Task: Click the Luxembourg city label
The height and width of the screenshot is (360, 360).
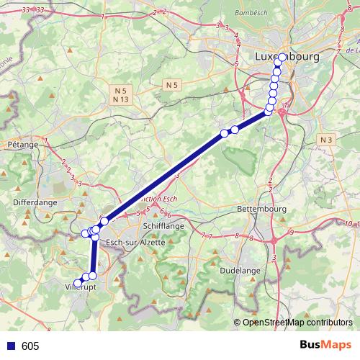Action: pos(287,55)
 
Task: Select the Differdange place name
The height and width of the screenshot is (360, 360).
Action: pos(35,203)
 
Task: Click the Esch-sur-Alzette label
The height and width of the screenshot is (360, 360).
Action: pos(135,243)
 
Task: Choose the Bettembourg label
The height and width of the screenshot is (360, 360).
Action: pos(262,209)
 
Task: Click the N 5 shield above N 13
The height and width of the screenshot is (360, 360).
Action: pos(120,90)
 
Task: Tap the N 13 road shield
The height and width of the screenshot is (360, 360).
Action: pos(120,99)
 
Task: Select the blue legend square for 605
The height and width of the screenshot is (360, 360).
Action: pos(11,346)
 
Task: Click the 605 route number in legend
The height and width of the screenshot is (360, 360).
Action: pos(30,346)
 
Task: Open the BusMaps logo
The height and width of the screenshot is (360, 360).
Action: pos(326,345)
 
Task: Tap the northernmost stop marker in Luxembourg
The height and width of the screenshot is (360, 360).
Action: pos(282,58)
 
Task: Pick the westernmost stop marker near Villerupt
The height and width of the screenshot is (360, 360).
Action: pos(78,282)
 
